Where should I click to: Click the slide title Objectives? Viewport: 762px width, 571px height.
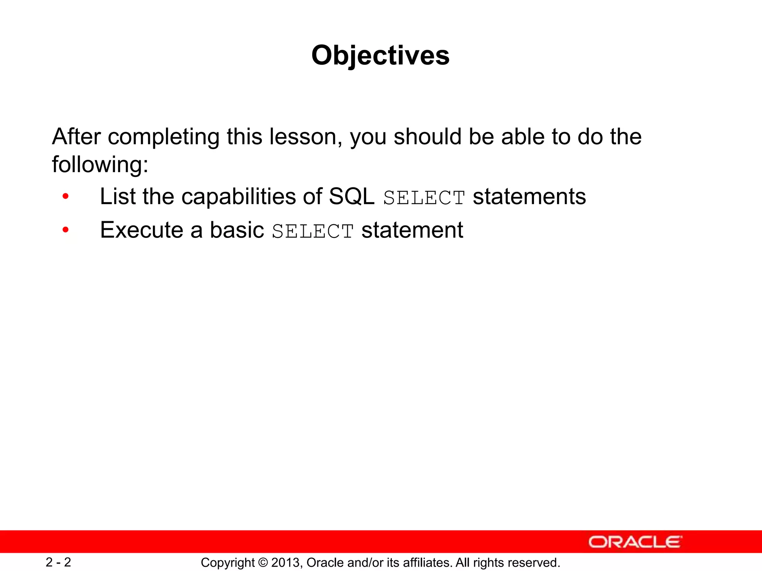380,55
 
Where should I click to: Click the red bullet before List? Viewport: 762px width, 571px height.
65,196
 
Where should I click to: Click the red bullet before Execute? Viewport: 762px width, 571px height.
65,230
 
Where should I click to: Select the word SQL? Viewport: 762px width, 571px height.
352,196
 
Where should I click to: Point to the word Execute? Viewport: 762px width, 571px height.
142,230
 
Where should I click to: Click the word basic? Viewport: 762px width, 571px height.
237,230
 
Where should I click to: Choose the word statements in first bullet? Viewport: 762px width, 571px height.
529,196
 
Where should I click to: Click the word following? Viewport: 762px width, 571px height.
100,165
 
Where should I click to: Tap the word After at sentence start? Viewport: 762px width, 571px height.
76,136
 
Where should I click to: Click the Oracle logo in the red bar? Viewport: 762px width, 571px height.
635,542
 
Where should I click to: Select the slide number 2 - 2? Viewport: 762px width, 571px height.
58,562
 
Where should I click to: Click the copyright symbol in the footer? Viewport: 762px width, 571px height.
263,563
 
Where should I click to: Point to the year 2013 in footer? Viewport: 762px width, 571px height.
286,563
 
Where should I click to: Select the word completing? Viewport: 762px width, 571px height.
163,137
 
